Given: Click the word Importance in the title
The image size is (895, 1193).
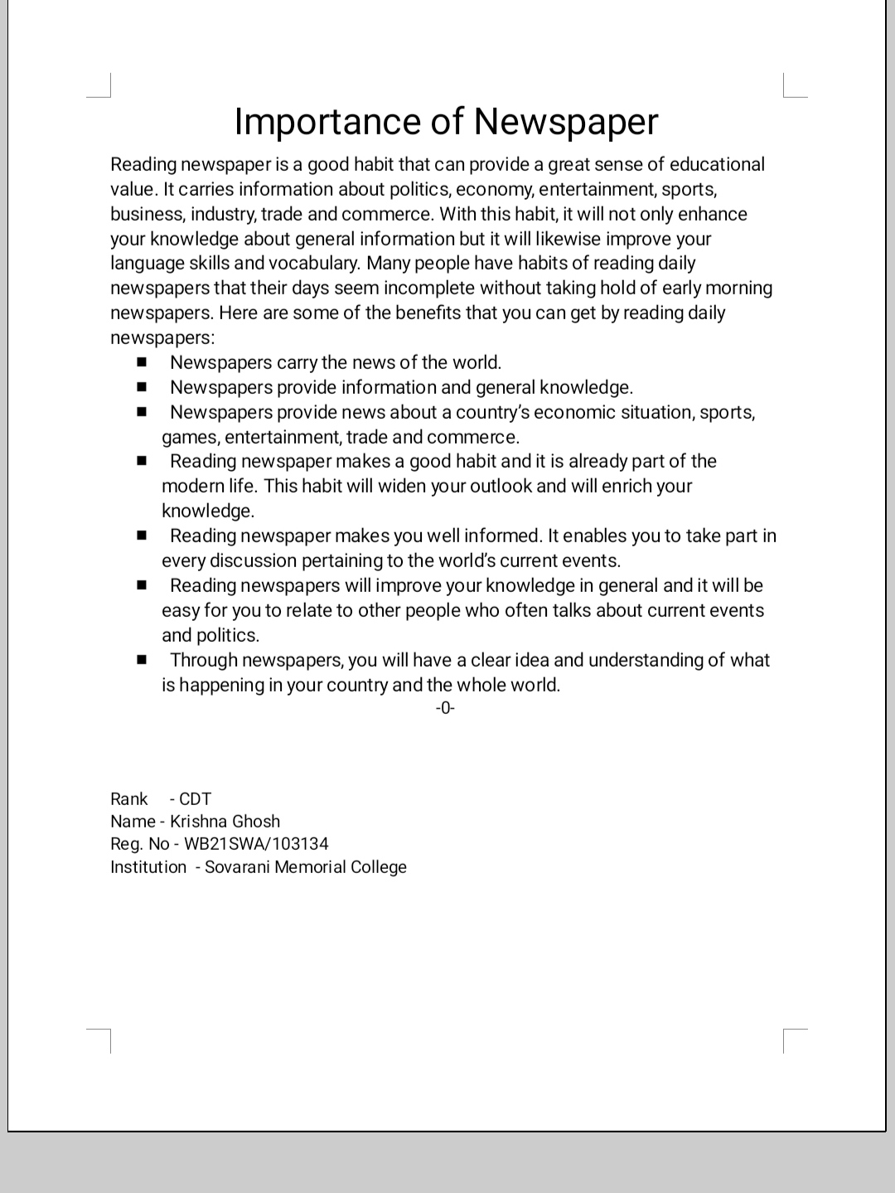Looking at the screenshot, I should (x=328, y=122).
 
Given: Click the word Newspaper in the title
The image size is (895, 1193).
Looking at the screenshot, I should (x=566, y=122).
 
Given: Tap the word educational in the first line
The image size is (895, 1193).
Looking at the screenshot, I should (x=717, y=164).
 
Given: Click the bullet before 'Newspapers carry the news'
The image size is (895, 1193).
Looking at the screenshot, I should (x=143, y=362).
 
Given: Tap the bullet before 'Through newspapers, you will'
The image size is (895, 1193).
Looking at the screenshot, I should (x=143, y=660).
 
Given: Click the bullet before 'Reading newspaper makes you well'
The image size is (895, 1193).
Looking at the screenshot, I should (x=143, y=536).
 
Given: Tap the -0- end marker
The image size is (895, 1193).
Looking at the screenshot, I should (x=445, y=708).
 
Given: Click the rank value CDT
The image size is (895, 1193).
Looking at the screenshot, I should (x=196, y=799).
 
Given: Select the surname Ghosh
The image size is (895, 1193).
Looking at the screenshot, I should (x=255, y=822).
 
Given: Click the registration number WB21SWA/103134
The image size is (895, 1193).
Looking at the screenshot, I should (x=256, y=844).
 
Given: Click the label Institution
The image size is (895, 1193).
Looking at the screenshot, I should (x=148, y=867).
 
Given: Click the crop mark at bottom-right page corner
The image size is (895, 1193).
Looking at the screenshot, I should (x=793, y=1039).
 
